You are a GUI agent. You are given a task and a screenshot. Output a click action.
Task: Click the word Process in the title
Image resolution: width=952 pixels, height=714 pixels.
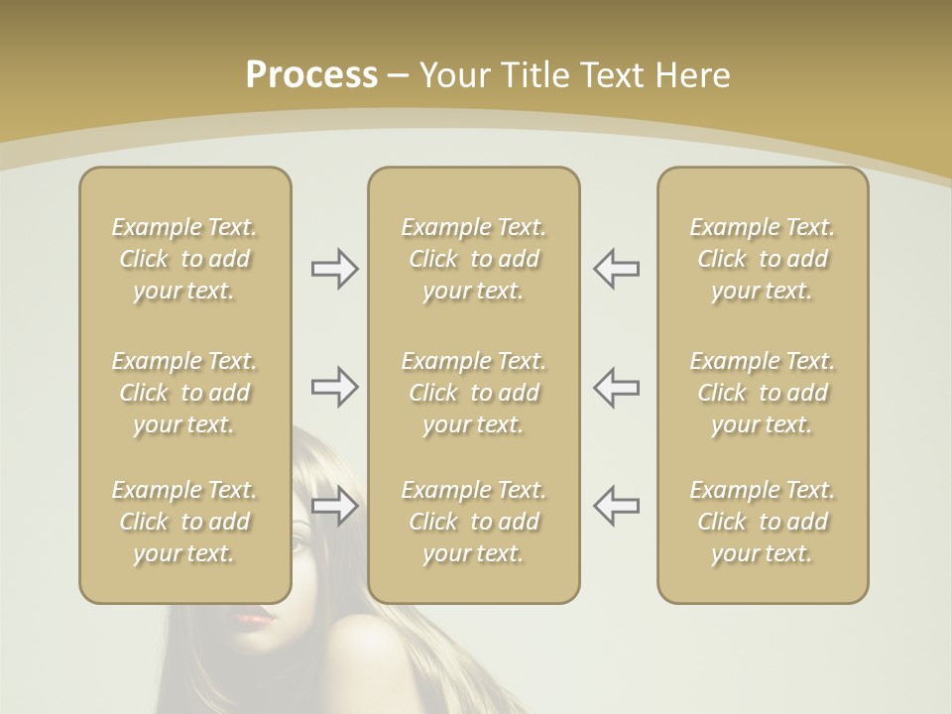coord(311,75)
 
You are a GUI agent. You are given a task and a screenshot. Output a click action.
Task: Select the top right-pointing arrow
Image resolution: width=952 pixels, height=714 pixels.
coord(334,269)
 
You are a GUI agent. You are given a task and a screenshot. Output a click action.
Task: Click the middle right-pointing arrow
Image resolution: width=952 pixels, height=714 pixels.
coord(334,387)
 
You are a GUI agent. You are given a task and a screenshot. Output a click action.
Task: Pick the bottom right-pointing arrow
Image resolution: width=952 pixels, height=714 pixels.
coord(334,506)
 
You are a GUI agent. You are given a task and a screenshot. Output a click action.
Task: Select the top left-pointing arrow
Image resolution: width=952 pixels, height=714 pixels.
coord(616,269)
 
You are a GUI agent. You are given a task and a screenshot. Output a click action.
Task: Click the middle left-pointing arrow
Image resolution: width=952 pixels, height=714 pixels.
coord(616,387)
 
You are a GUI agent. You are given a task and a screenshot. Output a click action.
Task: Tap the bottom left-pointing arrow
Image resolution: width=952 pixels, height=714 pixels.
coord(616,506)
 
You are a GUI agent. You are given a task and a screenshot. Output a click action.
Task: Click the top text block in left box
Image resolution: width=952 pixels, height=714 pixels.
coord(184,259)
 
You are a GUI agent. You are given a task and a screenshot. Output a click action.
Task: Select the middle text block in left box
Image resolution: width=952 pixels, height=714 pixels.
coord(184,393)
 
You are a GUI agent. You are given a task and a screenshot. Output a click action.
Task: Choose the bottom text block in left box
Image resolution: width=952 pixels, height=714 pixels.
coord(184,522)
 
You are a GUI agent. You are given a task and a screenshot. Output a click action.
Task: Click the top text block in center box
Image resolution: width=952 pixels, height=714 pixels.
coord(474,259)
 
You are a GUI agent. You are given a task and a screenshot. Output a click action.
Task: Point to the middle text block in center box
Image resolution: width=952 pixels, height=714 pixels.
coord(474,393)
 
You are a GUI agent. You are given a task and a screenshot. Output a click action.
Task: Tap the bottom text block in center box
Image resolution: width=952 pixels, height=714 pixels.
coord(474,522)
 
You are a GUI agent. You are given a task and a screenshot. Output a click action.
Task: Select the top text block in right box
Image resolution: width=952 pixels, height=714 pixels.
coord(763,259)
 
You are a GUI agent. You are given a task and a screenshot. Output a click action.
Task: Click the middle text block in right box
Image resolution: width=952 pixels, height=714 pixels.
coord(763,393)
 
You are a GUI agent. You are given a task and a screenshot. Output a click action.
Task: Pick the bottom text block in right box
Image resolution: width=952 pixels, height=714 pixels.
coord(763,522)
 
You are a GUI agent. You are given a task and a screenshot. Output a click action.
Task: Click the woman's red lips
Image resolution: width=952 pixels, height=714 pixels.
coord(255,619)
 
